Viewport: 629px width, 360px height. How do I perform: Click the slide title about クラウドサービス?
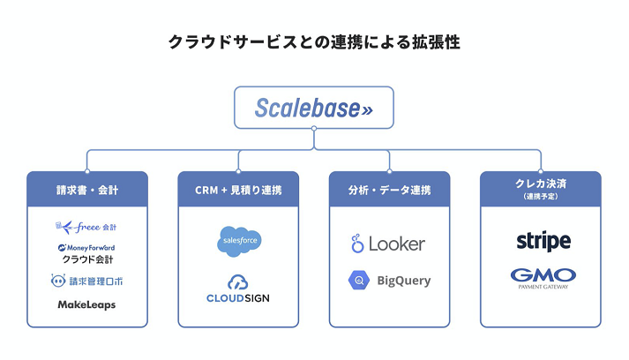314,41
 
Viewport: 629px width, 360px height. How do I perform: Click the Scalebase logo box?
314,107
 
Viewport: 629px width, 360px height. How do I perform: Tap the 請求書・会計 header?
87,189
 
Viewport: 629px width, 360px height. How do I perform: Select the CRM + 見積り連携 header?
238,189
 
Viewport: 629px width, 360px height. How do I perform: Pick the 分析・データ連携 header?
389,189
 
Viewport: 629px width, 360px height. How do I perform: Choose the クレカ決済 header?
540,184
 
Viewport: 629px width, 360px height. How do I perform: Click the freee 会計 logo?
86,228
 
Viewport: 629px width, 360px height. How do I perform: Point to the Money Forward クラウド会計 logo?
86,254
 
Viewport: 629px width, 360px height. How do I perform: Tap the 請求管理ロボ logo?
86,281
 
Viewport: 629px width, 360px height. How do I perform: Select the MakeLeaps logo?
86,304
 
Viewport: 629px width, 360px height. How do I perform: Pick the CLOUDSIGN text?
238,298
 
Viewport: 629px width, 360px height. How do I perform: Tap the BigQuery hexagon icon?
358,281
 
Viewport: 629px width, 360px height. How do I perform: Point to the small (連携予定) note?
540,196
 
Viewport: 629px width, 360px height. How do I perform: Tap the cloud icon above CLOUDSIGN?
238,282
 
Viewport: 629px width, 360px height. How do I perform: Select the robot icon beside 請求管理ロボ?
58,281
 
